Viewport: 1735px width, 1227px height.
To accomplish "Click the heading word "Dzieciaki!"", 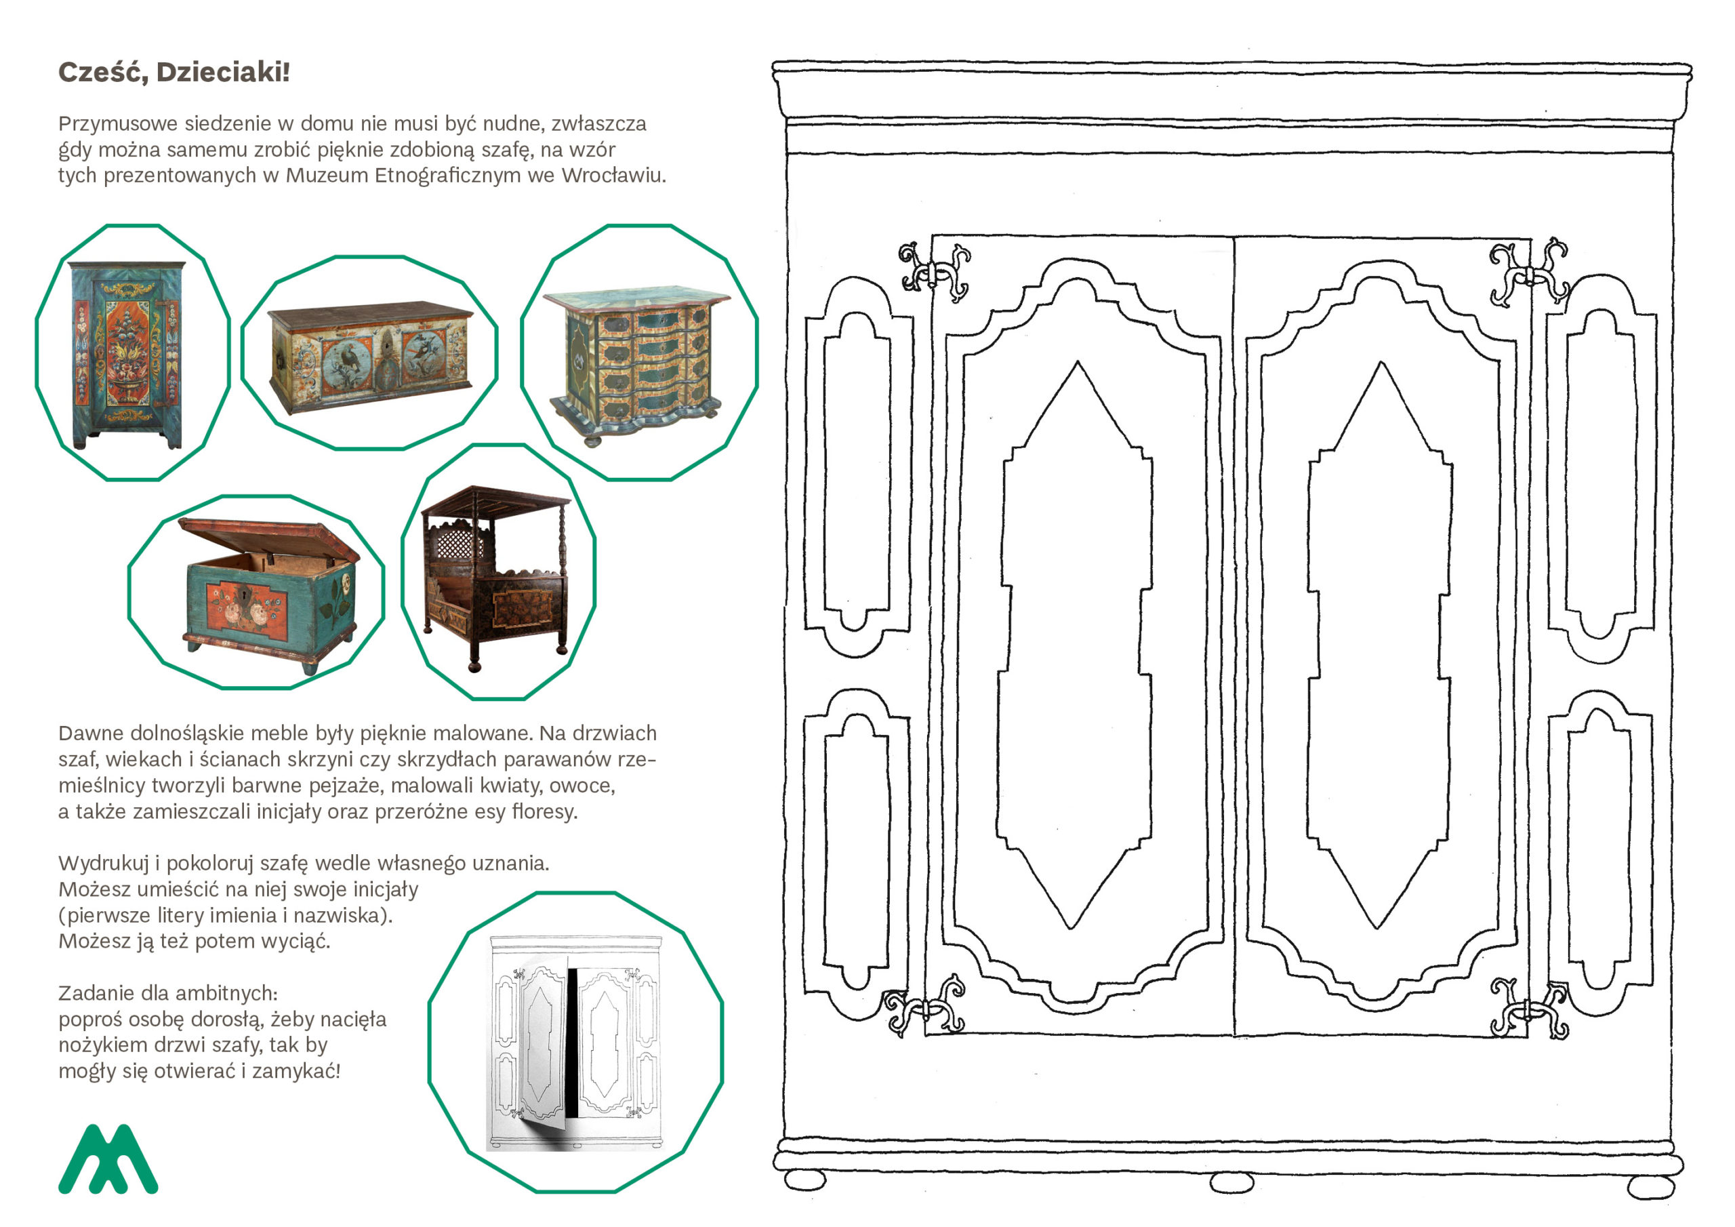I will [223, 73].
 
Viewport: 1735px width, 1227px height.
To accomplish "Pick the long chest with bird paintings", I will [370, 355].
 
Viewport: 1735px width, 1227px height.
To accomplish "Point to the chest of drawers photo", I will [638, 361].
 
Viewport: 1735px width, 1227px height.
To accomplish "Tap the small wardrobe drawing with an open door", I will [574, 1043].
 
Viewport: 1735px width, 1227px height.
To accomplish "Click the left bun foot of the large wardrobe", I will [806, 1180].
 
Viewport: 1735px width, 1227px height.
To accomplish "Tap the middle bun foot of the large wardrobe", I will [1231, 1182].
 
